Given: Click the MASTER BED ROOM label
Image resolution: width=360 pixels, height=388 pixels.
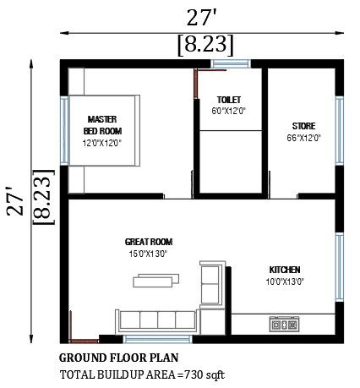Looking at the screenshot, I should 102,125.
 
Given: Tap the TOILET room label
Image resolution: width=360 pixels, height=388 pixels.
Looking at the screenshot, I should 229,99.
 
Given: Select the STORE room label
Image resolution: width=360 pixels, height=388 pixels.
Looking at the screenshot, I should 304,125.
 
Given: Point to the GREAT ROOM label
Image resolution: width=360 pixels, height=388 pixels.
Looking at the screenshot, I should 148,242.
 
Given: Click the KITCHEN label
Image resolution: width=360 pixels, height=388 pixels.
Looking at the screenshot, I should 286,271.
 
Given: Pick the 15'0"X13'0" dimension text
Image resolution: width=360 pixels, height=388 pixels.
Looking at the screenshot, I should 148,253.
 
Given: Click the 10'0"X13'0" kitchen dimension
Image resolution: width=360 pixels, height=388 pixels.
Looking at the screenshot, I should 286,281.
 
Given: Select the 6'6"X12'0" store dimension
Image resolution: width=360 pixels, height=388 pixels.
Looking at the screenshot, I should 304,136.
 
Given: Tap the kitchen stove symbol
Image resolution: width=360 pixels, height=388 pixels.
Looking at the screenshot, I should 284,324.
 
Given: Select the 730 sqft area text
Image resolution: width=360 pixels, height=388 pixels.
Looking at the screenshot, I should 205,374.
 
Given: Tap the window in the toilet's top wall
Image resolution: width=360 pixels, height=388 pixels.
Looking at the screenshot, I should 230,62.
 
